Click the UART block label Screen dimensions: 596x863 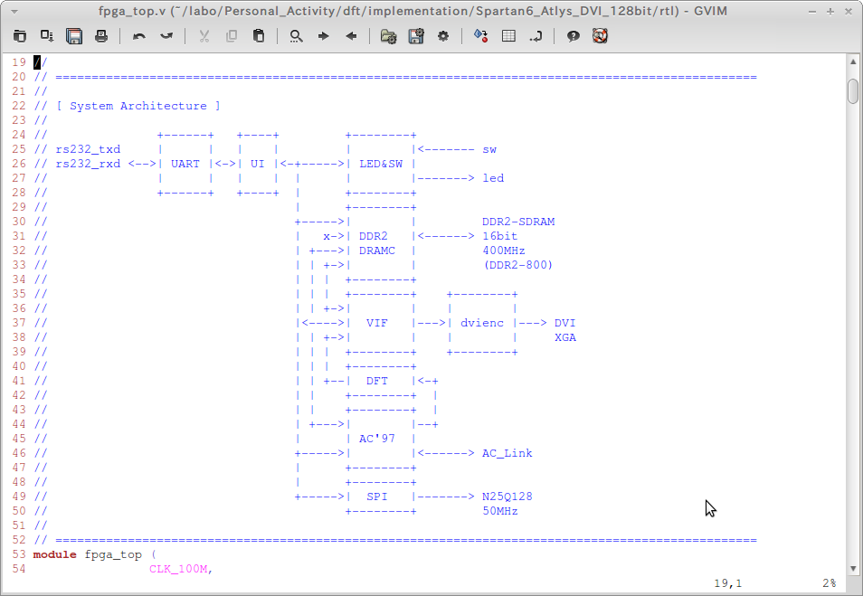tap(185, 164)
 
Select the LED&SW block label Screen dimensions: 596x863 tap(380, 164)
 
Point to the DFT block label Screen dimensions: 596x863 tap(376, 381)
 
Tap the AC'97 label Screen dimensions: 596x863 tap(376, 439)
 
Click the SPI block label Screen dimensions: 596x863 tap(376, 497)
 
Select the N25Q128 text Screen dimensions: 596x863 tap(507, 497)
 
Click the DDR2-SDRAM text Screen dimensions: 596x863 tap(517, 222)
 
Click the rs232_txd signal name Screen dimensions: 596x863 tap(88, 149)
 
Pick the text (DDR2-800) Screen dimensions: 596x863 tap(517, 265)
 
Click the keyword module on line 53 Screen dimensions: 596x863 tap(55, 554)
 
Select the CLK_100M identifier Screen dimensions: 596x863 tap(181, 569)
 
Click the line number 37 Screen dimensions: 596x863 tap(18, 323)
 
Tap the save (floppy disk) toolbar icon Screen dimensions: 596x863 tap(74, 36)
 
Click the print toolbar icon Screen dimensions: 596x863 tap(101, 36)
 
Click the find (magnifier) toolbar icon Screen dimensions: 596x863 tap(296, 36)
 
